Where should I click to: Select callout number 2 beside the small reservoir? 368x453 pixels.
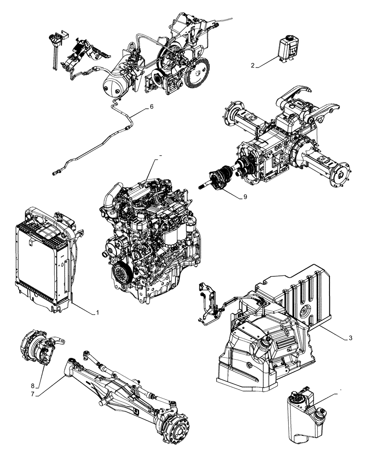253,66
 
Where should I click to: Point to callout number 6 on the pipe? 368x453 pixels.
152,107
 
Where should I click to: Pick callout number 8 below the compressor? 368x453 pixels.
33,386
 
